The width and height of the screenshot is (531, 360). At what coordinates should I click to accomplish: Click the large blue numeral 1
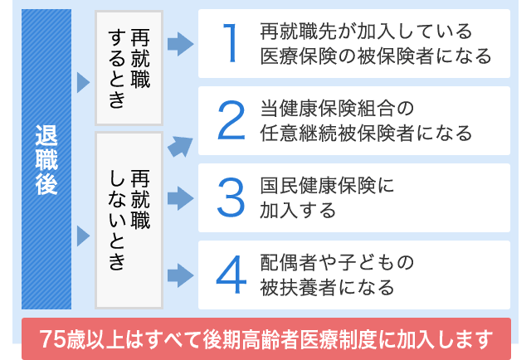click(x=231, y=43)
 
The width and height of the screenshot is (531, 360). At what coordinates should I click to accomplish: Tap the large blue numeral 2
click(x=231, y=120)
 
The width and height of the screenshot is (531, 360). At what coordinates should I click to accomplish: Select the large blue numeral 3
click(x=231, y=197)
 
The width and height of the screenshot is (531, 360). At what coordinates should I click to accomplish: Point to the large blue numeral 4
click(x=231, y=275)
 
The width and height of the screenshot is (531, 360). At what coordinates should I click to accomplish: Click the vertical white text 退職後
click(x=46, y=159)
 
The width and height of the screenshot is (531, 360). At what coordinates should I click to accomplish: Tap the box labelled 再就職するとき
click(x=129, y=68)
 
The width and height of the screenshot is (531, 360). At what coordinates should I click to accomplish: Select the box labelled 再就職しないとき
click(x=129, y=220)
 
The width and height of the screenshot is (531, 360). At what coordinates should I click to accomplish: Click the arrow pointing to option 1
click(x=181, y=44)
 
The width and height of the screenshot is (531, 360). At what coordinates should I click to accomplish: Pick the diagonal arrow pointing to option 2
click(x=181, y=147)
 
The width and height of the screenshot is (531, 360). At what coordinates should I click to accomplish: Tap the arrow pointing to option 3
click(x=181, y=198)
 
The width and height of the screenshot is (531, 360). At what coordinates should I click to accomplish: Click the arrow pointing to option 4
click(x=181, y=275)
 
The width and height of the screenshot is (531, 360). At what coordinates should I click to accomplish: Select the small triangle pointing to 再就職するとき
click(x=83, y=82)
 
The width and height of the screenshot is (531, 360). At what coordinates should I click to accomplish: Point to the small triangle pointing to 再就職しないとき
click(x=83, y=236)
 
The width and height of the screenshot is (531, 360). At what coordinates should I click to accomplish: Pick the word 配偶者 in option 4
click(x=290, y=262)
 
